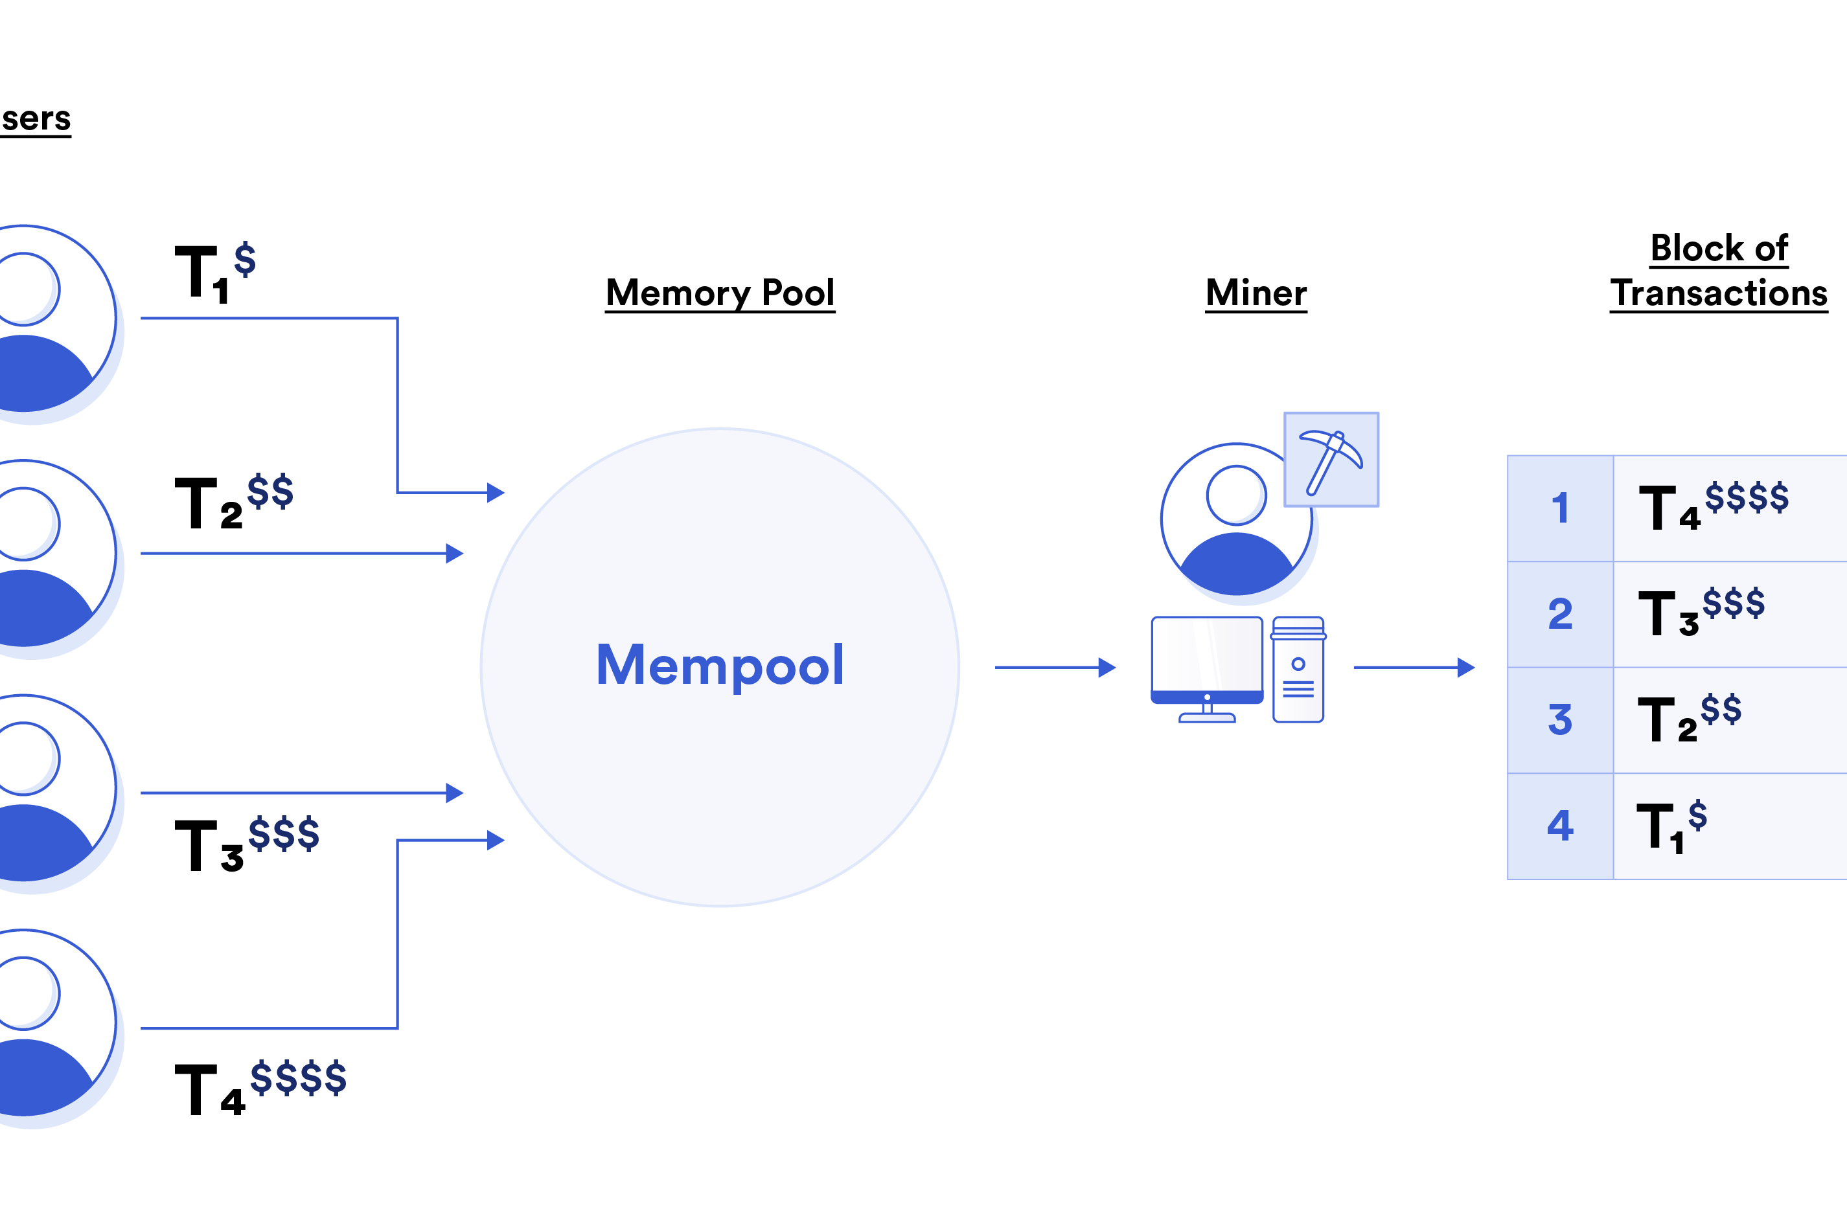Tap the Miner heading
(x=1256, y=293)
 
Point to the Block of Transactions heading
(x=1718, y=271)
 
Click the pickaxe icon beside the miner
(x=1331, y=460)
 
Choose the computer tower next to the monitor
(x=1298, y=670)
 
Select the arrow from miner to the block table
(x=1414, y=668)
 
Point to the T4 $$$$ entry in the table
(x=1713, y=507)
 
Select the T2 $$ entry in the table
(x=1689, y=719)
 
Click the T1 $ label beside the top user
(x=214, y=271)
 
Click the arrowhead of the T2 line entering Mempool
(x=455, y=554)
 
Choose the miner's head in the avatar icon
(x=1236, y=495)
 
